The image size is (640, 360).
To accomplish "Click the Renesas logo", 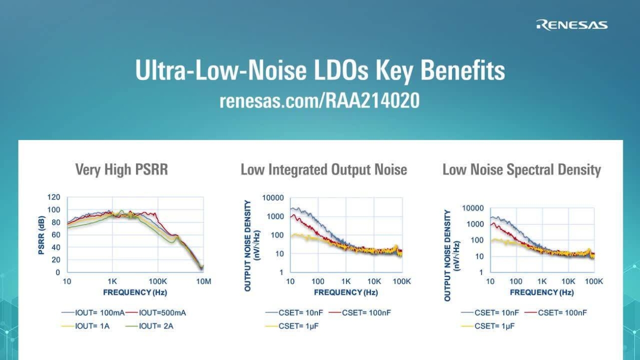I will pyautogui.click(x=572, y=25).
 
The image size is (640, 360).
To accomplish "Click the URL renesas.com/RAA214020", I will pyautogui.click(x=319, y=100).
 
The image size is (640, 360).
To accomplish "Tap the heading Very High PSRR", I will pyautogui.click(x=121, y=170).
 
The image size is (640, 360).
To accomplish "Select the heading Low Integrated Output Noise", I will pyautogui.click(x=324, y=170).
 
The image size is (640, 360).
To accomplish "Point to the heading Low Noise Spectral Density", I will pyautogui.click(x=521, y=170).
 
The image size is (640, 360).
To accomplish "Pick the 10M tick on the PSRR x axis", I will pyautogui.click(x=203, y=282).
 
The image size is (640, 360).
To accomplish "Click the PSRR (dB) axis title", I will pyautogui.click(x=42, y=235).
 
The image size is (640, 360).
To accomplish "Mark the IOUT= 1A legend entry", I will pyautogui.click(x=92, y=326).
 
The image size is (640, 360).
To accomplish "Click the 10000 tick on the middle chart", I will pyautogui.click(x=273, y=198).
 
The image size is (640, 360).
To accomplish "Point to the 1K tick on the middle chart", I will pyautogui.click(x=346, y=282).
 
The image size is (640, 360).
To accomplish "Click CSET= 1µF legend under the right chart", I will pyautogui.click(x=494, y=326).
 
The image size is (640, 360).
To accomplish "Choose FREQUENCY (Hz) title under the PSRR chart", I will pyautogui.click(x=135, y=292).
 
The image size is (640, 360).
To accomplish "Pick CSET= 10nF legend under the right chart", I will pyautogui.click(x=497, y=313).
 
